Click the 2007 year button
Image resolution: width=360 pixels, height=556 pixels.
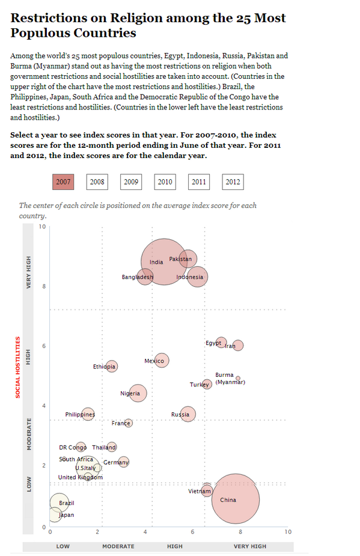coord(63,182)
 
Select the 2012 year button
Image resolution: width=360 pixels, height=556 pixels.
coord(233,182)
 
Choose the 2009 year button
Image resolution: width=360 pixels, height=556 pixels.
coord(130,182)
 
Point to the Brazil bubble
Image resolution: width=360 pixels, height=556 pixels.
coord(59,503)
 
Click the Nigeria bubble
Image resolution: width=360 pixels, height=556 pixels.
coord(138,393)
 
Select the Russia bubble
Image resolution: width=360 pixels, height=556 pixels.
coord(188,414)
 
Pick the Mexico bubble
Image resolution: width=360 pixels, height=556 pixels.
coord(160,361)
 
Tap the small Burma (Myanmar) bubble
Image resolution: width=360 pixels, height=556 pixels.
coord(238,378)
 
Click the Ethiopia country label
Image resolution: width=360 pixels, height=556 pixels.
coord(103,367)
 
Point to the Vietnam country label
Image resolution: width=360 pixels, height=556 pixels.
coord(199,492)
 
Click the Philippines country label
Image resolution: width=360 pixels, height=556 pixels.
coord(79,415)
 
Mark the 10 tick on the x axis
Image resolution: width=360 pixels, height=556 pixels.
coord(287,532)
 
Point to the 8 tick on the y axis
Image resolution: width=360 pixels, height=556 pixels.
coord(42,287)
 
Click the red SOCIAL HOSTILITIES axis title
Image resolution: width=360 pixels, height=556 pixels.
coord(17,367)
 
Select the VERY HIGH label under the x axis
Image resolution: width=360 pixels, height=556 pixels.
coord(249,546)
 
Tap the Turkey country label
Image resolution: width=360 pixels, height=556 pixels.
coord(198,385)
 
